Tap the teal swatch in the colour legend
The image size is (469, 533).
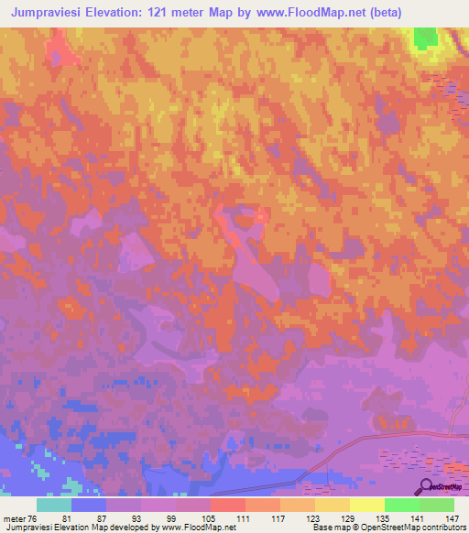tap(53, 505)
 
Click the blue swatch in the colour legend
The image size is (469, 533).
tap(88, 505)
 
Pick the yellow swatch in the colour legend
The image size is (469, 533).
tap(366, 505)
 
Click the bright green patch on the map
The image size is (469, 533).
tap(424, 38)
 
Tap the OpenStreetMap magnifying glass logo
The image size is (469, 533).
tap(428, 487)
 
